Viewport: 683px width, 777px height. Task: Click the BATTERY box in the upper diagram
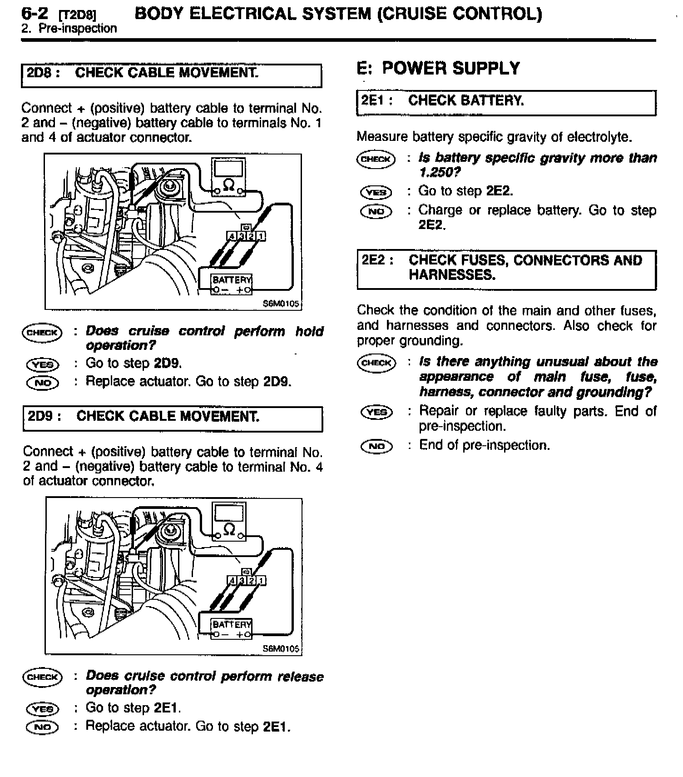coord(232,284)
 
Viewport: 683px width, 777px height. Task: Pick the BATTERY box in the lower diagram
coord(232,628)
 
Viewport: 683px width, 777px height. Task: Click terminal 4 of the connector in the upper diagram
coord(232,236)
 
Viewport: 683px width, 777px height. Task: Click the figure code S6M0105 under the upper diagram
coord(281,304)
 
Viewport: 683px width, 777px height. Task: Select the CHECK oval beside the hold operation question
coord(41,332)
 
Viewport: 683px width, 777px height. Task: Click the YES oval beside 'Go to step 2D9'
coord(42,364)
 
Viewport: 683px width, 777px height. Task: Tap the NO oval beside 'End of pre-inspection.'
coord(376,446)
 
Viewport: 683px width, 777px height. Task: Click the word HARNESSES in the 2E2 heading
coord(451,275)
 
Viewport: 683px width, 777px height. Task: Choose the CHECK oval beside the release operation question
coord(41,677)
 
